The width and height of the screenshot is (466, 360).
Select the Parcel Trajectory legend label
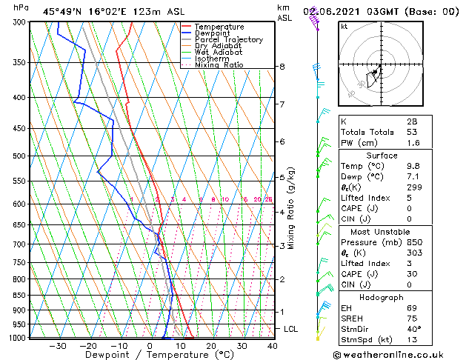coord(228,40)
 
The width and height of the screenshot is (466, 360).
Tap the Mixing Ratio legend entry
coord(219,65)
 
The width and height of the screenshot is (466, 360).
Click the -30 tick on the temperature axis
coord(57,346)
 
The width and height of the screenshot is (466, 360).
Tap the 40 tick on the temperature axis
coord(272,346)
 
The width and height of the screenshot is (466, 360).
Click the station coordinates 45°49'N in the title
coord(64,11)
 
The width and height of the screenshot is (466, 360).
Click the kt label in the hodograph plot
coord(344,26)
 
